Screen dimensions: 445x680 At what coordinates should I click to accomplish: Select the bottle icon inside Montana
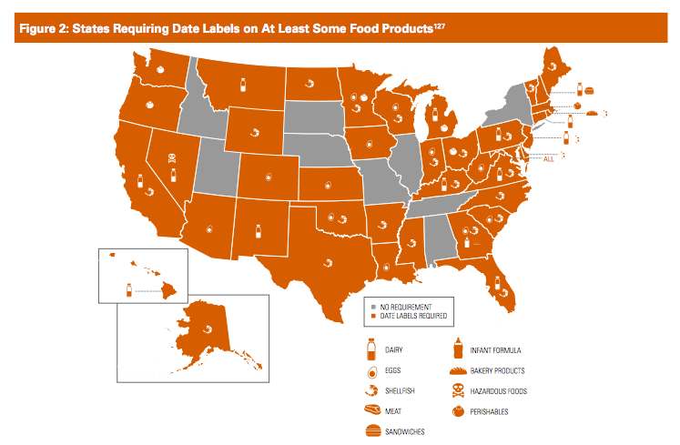click(x=243, y=86)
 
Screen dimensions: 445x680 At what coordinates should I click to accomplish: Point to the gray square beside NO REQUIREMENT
click(x=373, y=306)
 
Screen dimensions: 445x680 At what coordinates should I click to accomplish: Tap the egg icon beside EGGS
click(x=371, y=370)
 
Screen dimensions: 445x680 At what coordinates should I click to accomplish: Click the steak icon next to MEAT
click(x=371, y=410)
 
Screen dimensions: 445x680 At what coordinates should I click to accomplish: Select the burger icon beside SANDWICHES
click(x=371, y=430)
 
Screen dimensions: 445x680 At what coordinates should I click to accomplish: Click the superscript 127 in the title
click(x=437, y=25)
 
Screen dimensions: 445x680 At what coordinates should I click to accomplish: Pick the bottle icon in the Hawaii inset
click(x=129, y=289)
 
